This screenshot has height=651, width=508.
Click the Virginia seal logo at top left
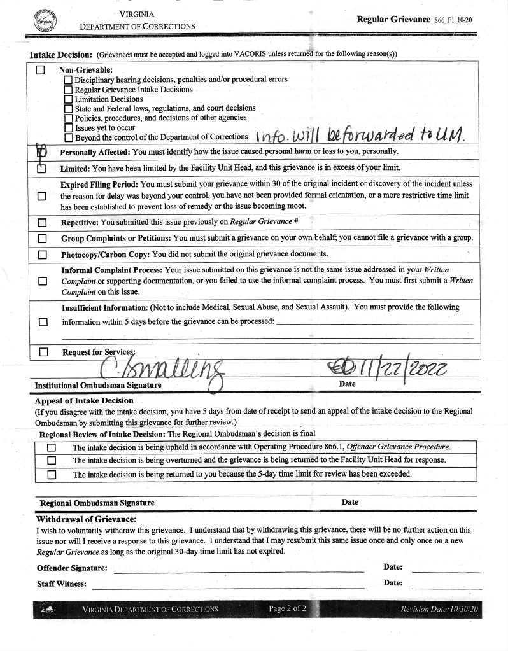pos(44,20)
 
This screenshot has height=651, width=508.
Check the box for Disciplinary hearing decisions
pos(68,80)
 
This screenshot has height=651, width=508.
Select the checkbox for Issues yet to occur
pos(68,128)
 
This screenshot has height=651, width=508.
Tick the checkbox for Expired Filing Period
pos(42,197)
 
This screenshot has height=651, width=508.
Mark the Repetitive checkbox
pos(42,223)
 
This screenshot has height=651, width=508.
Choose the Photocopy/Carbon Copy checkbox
pos(42,255)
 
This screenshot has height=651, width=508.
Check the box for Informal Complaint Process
pos(42,281)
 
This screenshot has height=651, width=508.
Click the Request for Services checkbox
pos(43,351)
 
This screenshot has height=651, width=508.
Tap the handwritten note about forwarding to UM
pos(360,133)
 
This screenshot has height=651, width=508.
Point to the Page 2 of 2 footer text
pos(287,609)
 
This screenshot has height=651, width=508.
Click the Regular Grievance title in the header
pos(393,19)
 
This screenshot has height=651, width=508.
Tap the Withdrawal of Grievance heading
pos(87,519)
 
